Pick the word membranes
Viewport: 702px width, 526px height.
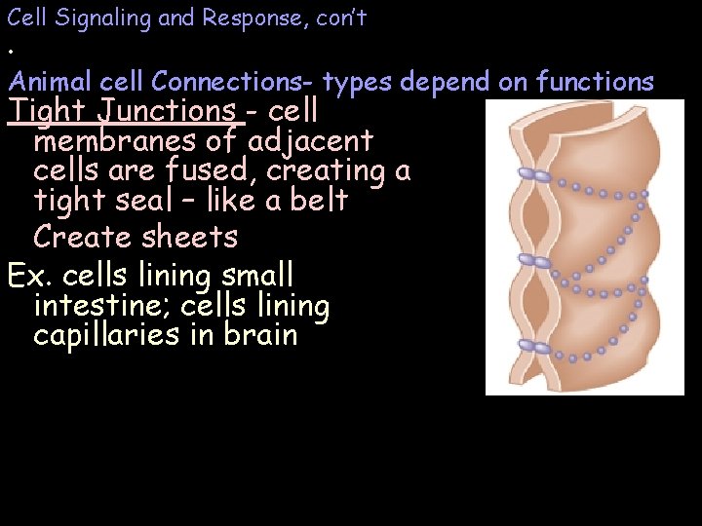(x=107, y=141)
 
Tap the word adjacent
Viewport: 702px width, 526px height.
(x=310, y=141)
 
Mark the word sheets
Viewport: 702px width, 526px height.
(x=190, y=237)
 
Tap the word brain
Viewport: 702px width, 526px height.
(x=258, y=336)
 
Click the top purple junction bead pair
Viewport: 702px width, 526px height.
(x=535, y=175)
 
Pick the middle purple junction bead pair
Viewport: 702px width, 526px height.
(x=535, y=260)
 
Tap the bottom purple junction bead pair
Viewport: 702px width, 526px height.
(x=535, y=347)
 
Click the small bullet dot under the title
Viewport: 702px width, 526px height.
(x=12, y=51)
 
